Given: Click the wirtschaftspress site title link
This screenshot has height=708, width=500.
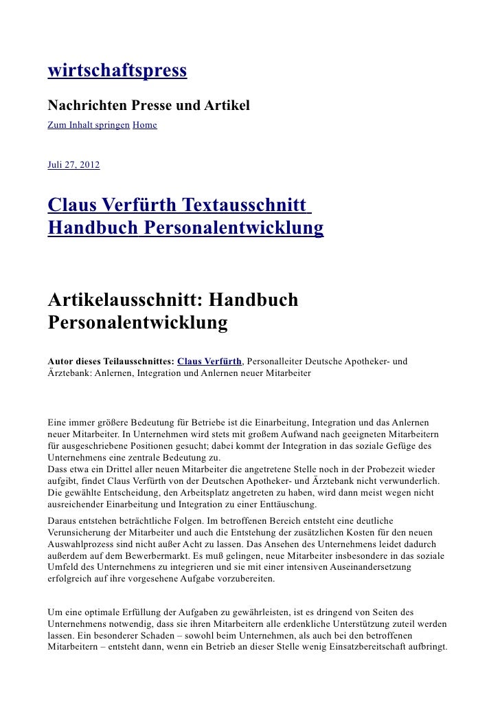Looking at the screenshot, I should point(117,71).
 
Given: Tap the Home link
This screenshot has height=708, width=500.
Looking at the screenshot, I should point(144,125).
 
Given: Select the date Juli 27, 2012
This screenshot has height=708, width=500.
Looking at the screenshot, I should point(73,166).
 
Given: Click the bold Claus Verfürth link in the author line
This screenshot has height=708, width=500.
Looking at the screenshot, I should point(209,361).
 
